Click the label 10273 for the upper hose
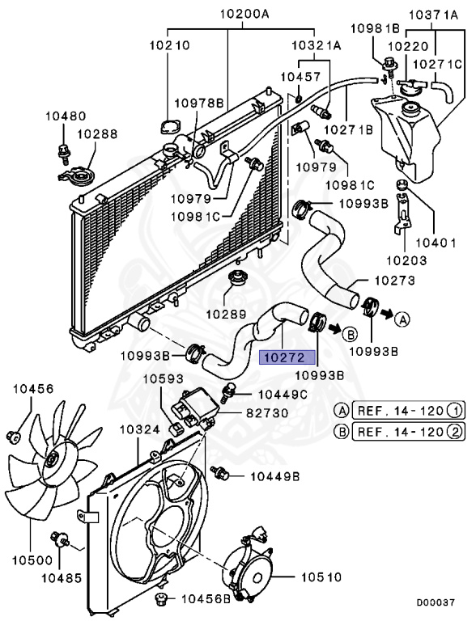click(x=394, y=281)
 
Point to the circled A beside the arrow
click(x=402, y=319)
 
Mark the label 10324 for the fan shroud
click(x=140, y=429)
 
